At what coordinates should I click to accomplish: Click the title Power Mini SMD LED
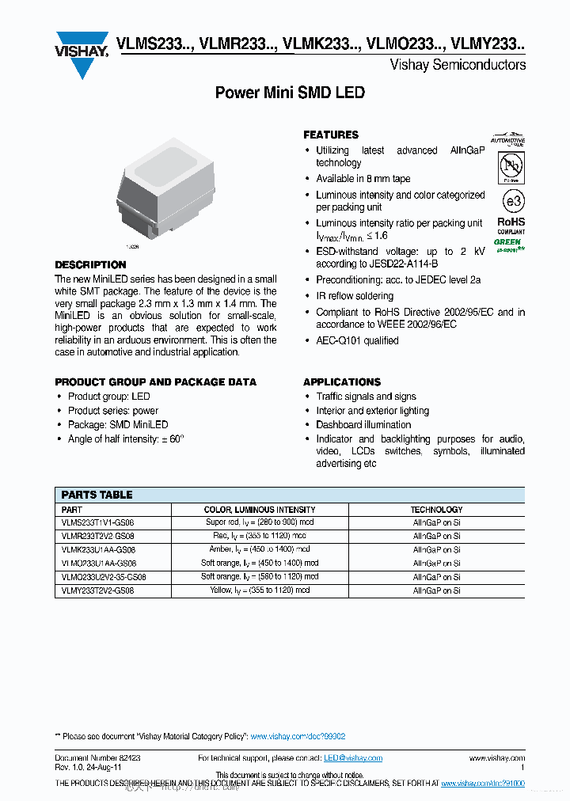(290, 93)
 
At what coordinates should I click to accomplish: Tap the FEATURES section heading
(331, 135)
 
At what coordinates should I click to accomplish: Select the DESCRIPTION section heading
(90, 264)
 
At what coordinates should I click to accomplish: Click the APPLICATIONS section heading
(342, 382)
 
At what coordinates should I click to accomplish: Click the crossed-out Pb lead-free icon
(511, 167)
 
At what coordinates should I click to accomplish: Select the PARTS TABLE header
(97, 495)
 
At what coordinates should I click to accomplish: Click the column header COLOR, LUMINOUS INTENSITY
(260, 510)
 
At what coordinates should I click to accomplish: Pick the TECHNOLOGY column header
(436, 510)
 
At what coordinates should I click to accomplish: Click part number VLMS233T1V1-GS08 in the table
(98, 522)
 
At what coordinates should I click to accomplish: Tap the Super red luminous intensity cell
(260, 522)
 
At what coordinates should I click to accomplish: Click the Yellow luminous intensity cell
(260, 590)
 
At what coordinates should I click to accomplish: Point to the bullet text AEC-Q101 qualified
(357, 340)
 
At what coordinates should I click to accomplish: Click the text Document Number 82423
(98, 758)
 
